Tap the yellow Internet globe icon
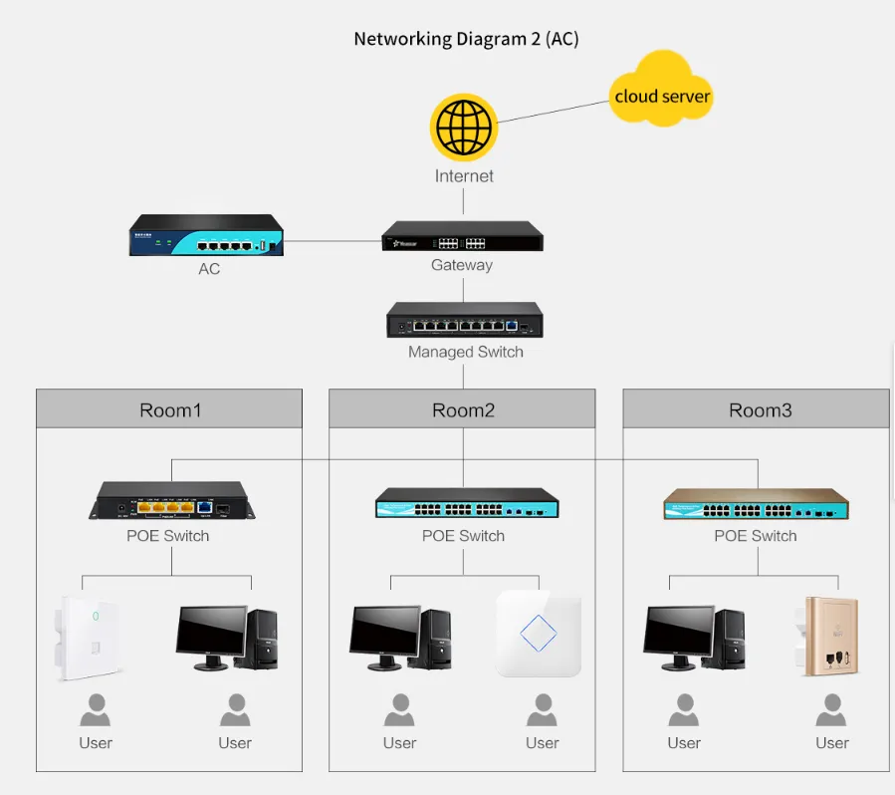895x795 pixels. [x=463, y=128]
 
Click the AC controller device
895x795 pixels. [x=205, y=237]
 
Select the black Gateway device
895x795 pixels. [x=463, y=237]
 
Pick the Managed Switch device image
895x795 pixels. [x=464, y=321]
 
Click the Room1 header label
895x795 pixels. [x=169, y=409]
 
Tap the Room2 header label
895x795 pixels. [x=463, y=409]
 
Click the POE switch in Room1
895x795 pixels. [x=171, y=501]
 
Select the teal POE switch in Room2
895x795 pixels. [x=466, y=504]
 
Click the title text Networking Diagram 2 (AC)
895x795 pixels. [x=466, y=40]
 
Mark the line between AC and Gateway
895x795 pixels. [x=333, y=240]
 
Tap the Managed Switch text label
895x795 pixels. [x=465, y=352]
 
